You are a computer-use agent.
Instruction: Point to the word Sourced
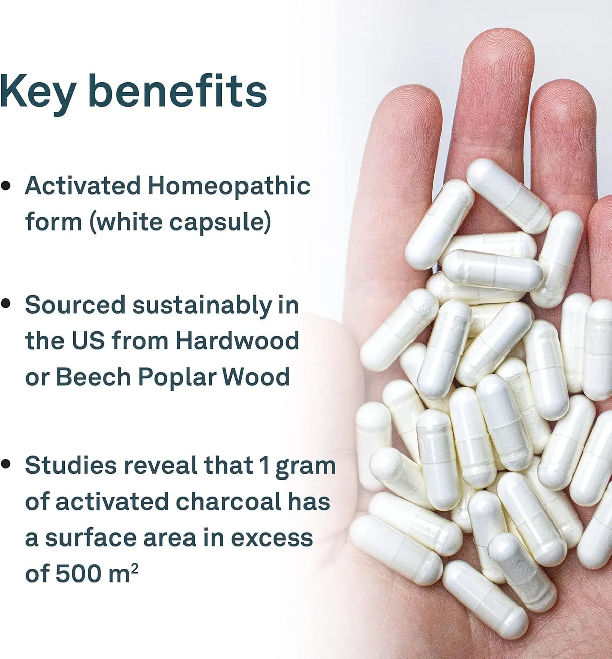click(x=75, y=305)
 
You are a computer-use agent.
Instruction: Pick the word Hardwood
click(x=237, y=340)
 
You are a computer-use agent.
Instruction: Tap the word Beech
click(x=93, y=377)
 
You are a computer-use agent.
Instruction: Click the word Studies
click(x=71, y=465)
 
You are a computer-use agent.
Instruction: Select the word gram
click(x=305, y=468)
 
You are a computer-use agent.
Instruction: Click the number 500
click(x=78, y=573)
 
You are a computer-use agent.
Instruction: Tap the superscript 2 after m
click(x=135, y=567)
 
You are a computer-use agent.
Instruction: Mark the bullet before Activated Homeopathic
click(x=6, y=186)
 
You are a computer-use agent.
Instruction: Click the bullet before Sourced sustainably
click(x=6, y=304)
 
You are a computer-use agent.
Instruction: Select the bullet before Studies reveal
click(x=6, y=464)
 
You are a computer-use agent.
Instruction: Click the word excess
click(x=272, y=537)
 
